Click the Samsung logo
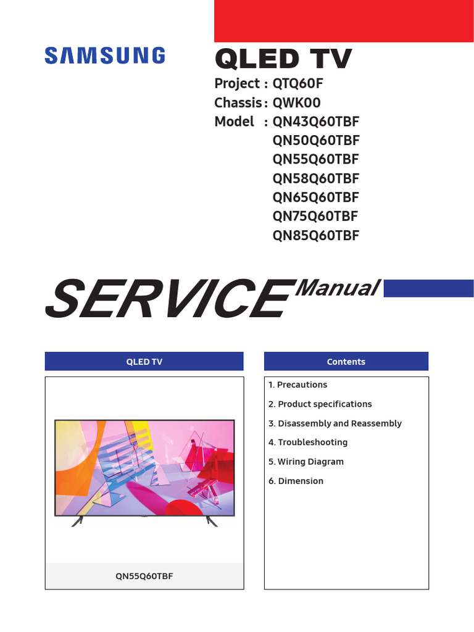tap(104, 57)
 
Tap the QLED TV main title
tap(283, 59)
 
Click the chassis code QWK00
tap(296, 103)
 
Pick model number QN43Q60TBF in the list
tap(315, 122)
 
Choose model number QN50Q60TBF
tap(315, 141)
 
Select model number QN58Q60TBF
tap(315, 179)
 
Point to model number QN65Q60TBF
tap(315, 197)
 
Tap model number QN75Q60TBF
tap(315, 217)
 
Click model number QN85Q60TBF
tap(315, 236)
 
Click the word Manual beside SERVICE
tap(337, 288)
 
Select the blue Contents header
tap(346, 362)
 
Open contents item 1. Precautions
tap(297, 385)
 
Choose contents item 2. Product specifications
tap(320, 404)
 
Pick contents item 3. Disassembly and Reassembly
tap(335, 423)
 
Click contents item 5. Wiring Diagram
tap(306, 462)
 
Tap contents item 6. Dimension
tap(296, 481)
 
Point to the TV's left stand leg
tap(78, 521)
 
